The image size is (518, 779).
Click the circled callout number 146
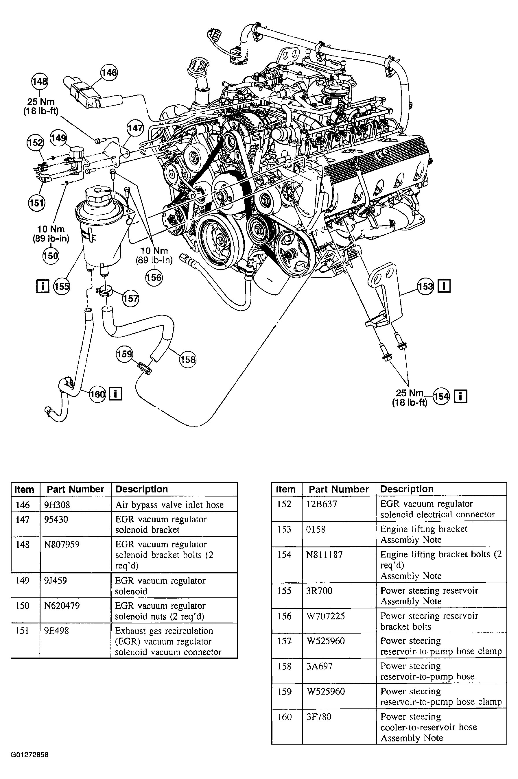click(x=109, y=73)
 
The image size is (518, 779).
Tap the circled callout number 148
click(x=40, y=81)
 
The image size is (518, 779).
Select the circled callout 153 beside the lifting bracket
click(x=425, y=286)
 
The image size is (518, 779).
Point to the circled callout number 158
click(x=188, y=359)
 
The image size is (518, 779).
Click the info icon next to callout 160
click(x=115, y=394)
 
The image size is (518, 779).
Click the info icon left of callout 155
click(x=42, y=286)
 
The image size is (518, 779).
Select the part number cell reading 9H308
click(x=58, y=505)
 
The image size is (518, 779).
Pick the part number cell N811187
click(x=325, y=554)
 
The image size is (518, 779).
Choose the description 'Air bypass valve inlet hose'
click(x=169, y=505)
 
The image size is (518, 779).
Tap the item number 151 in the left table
click(x=23, y=631)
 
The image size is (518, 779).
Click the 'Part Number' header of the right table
click(x=339, y=489)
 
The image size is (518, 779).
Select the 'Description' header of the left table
click(x=142, y=489)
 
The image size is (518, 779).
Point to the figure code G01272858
click(x=30, y=754)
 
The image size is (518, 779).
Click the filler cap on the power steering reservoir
click(x=97, y=195)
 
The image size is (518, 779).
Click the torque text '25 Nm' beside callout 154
click(x=409, y=393)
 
